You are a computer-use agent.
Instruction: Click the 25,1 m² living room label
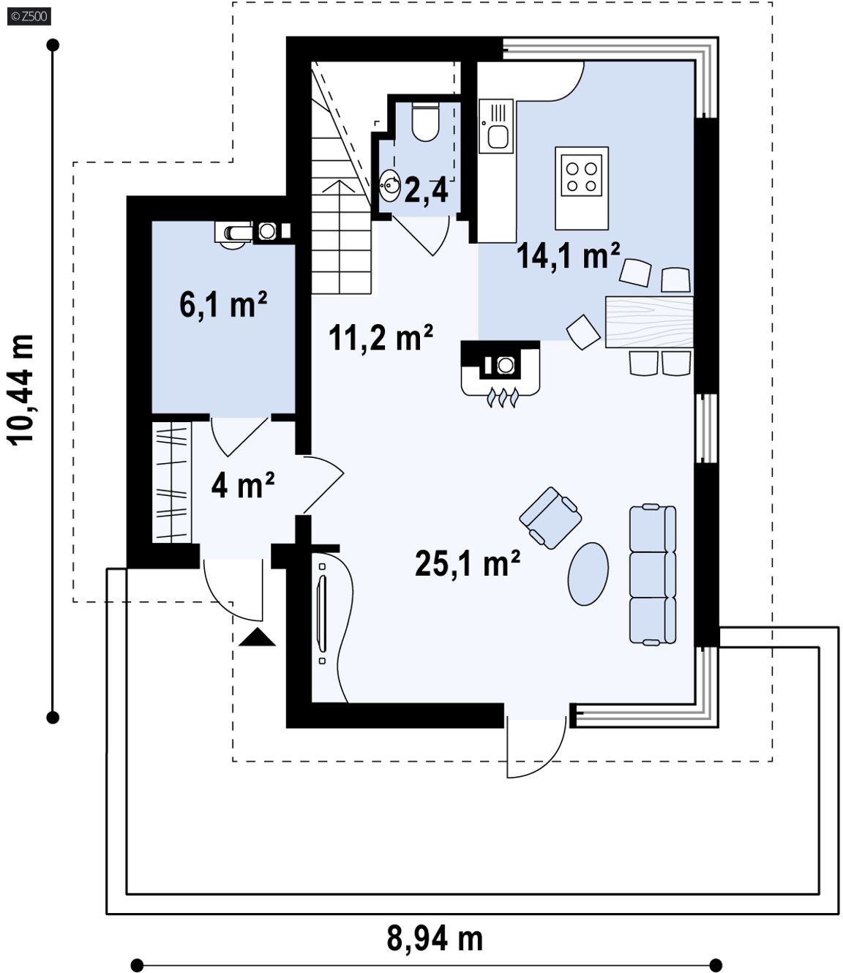click(467, 563)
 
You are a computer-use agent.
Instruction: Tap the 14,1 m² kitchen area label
click(568, 255)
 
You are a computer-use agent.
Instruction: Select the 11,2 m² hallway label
click(381, 337)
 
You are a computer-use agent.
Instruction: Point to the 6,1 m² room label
click(223, 304)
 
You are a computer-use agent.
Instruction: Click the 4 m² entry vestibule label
click(242, 485)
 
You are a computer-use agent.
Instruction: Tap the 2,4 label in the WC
click(426, 191)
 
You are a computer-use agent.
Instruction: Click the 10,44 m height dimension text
click(20, 390)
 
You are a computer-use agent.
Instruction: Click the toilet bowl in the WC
click(425, 121)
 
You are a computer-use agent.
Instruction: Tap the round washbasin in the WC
click(390, 186)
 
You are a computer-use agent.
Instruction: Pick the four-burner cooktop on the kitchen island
click(581, 175)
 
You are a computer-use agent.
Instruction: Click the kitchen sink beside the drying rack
click(498, 137)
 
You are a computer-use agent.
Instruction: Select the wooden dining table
click(649, 321)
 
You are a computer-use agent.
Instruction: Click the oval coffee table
click(588, 574)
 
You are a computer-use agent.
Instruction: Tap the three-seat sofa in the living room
click(653, 575)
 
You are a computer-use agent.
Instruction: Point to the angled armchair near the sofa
click(550, 518)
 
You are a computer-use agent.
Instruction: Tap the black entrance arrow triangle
click(257, 637)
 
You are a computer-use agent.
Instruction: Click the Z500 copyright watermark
click(29, 17)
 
